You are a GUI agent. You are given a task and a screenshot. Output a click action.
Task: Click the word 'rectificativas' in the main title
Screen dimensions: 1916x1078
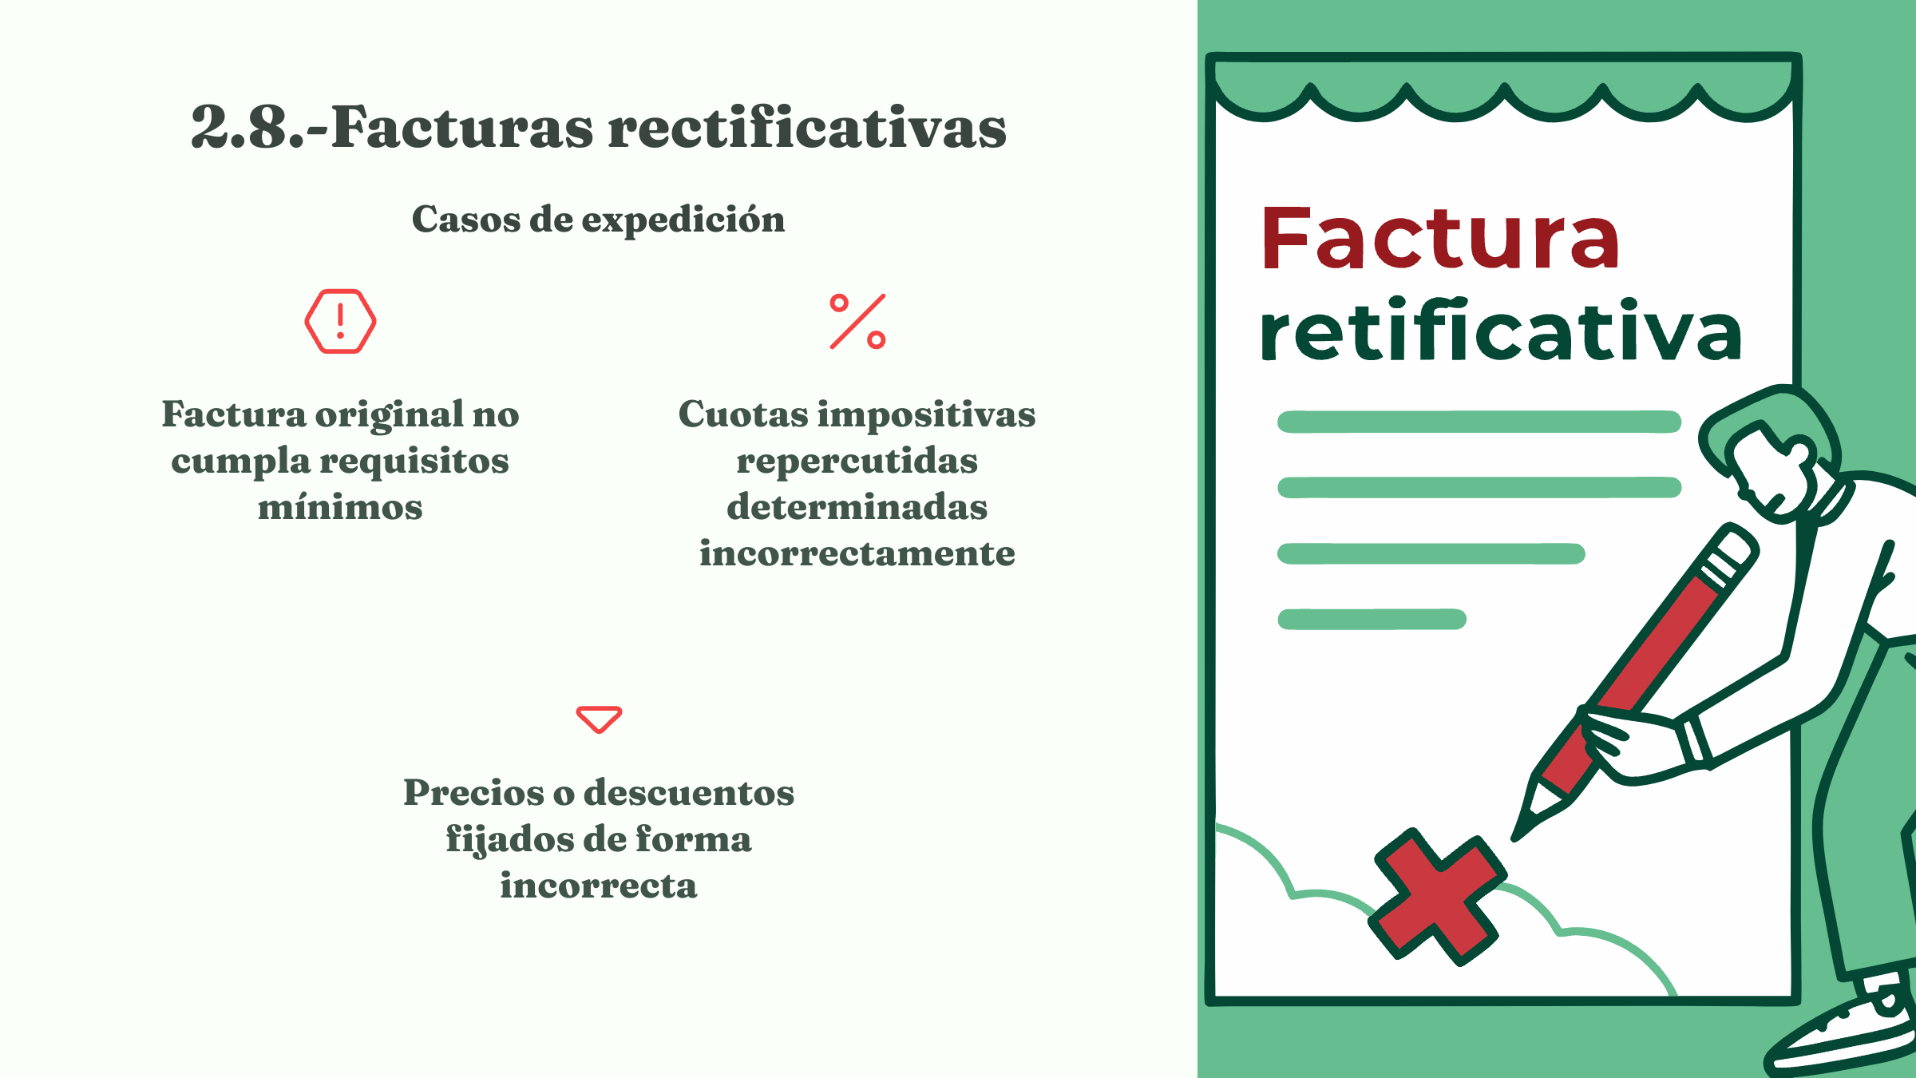click(807, 127)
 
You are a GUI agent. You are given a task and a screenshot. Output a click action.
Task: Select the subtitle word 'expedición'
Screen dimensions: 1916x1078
click(683, 220)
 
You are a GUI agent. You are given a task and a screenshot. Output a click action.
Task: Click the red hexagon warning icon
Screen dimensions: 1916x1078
click(340, 321)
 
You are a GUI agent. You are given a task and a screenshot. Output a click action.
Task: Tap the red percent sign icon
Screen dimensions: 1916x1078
click(857, 322)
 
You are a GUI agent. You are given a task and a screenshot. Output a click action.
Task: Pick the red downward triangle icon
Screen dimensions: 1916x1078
click(599, 719)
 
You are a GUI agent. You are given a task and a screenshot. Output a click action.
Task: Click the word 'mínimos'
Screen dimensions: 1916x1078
click(340, 507)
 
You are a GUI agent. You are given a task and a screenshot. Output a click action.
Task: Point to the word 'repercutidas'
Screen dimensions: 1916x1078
click(857, 462)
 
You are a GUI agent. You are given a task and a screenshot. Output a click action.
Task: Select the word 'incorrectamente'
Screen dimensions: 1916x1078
click(857, 553)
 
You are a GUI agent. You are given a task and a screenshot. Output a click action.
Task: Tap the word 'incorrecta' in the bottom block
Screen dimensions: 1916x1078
click(599, 886)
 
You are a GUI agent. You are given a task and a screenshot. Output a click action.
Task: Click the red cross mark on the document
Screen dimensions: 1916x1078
click(1437, 896)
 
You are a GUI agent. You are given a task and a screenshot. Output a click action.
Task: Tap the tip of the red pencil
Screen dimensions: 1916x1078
click(1514, 839)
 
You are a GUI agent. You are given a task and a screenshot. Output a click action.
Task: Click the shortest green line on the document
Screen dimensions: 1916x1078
click(1372, 619)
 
